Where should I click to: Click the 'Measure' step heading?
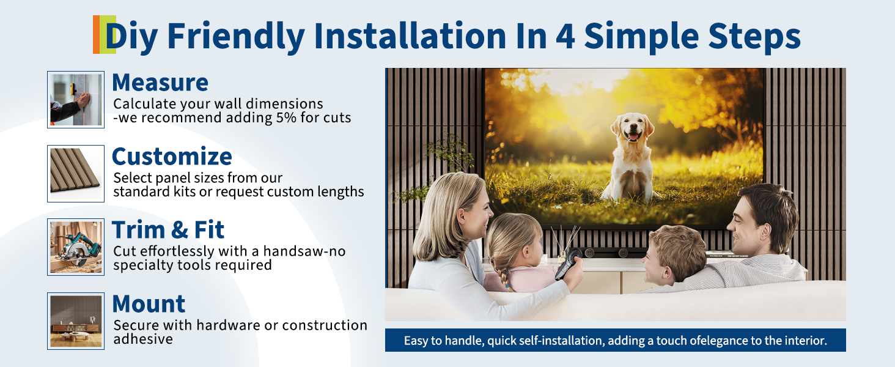point(160,83)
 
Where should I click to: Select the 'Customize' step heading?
point(172,157)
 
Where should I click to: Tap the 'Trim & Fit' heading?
point(168,230)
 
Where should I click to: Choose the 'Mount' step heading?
point(149,304)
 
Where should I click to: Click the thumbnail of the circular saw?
point(76,247)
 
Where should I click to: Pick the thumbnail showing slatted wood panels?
point(76,174)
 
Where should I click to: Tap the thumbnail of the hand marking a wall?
point(76,100)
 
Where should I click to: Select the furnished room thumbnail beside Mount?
point(76,321)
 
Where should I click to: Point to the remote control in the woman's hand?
point(569,263)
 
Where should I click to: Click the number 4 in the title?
point(565,36)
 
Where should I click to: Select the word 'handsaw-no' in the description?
point(304,251)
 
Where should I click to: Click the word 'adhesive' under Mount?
point(143,339)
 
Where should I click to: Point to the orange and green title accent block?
point(105,34)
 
